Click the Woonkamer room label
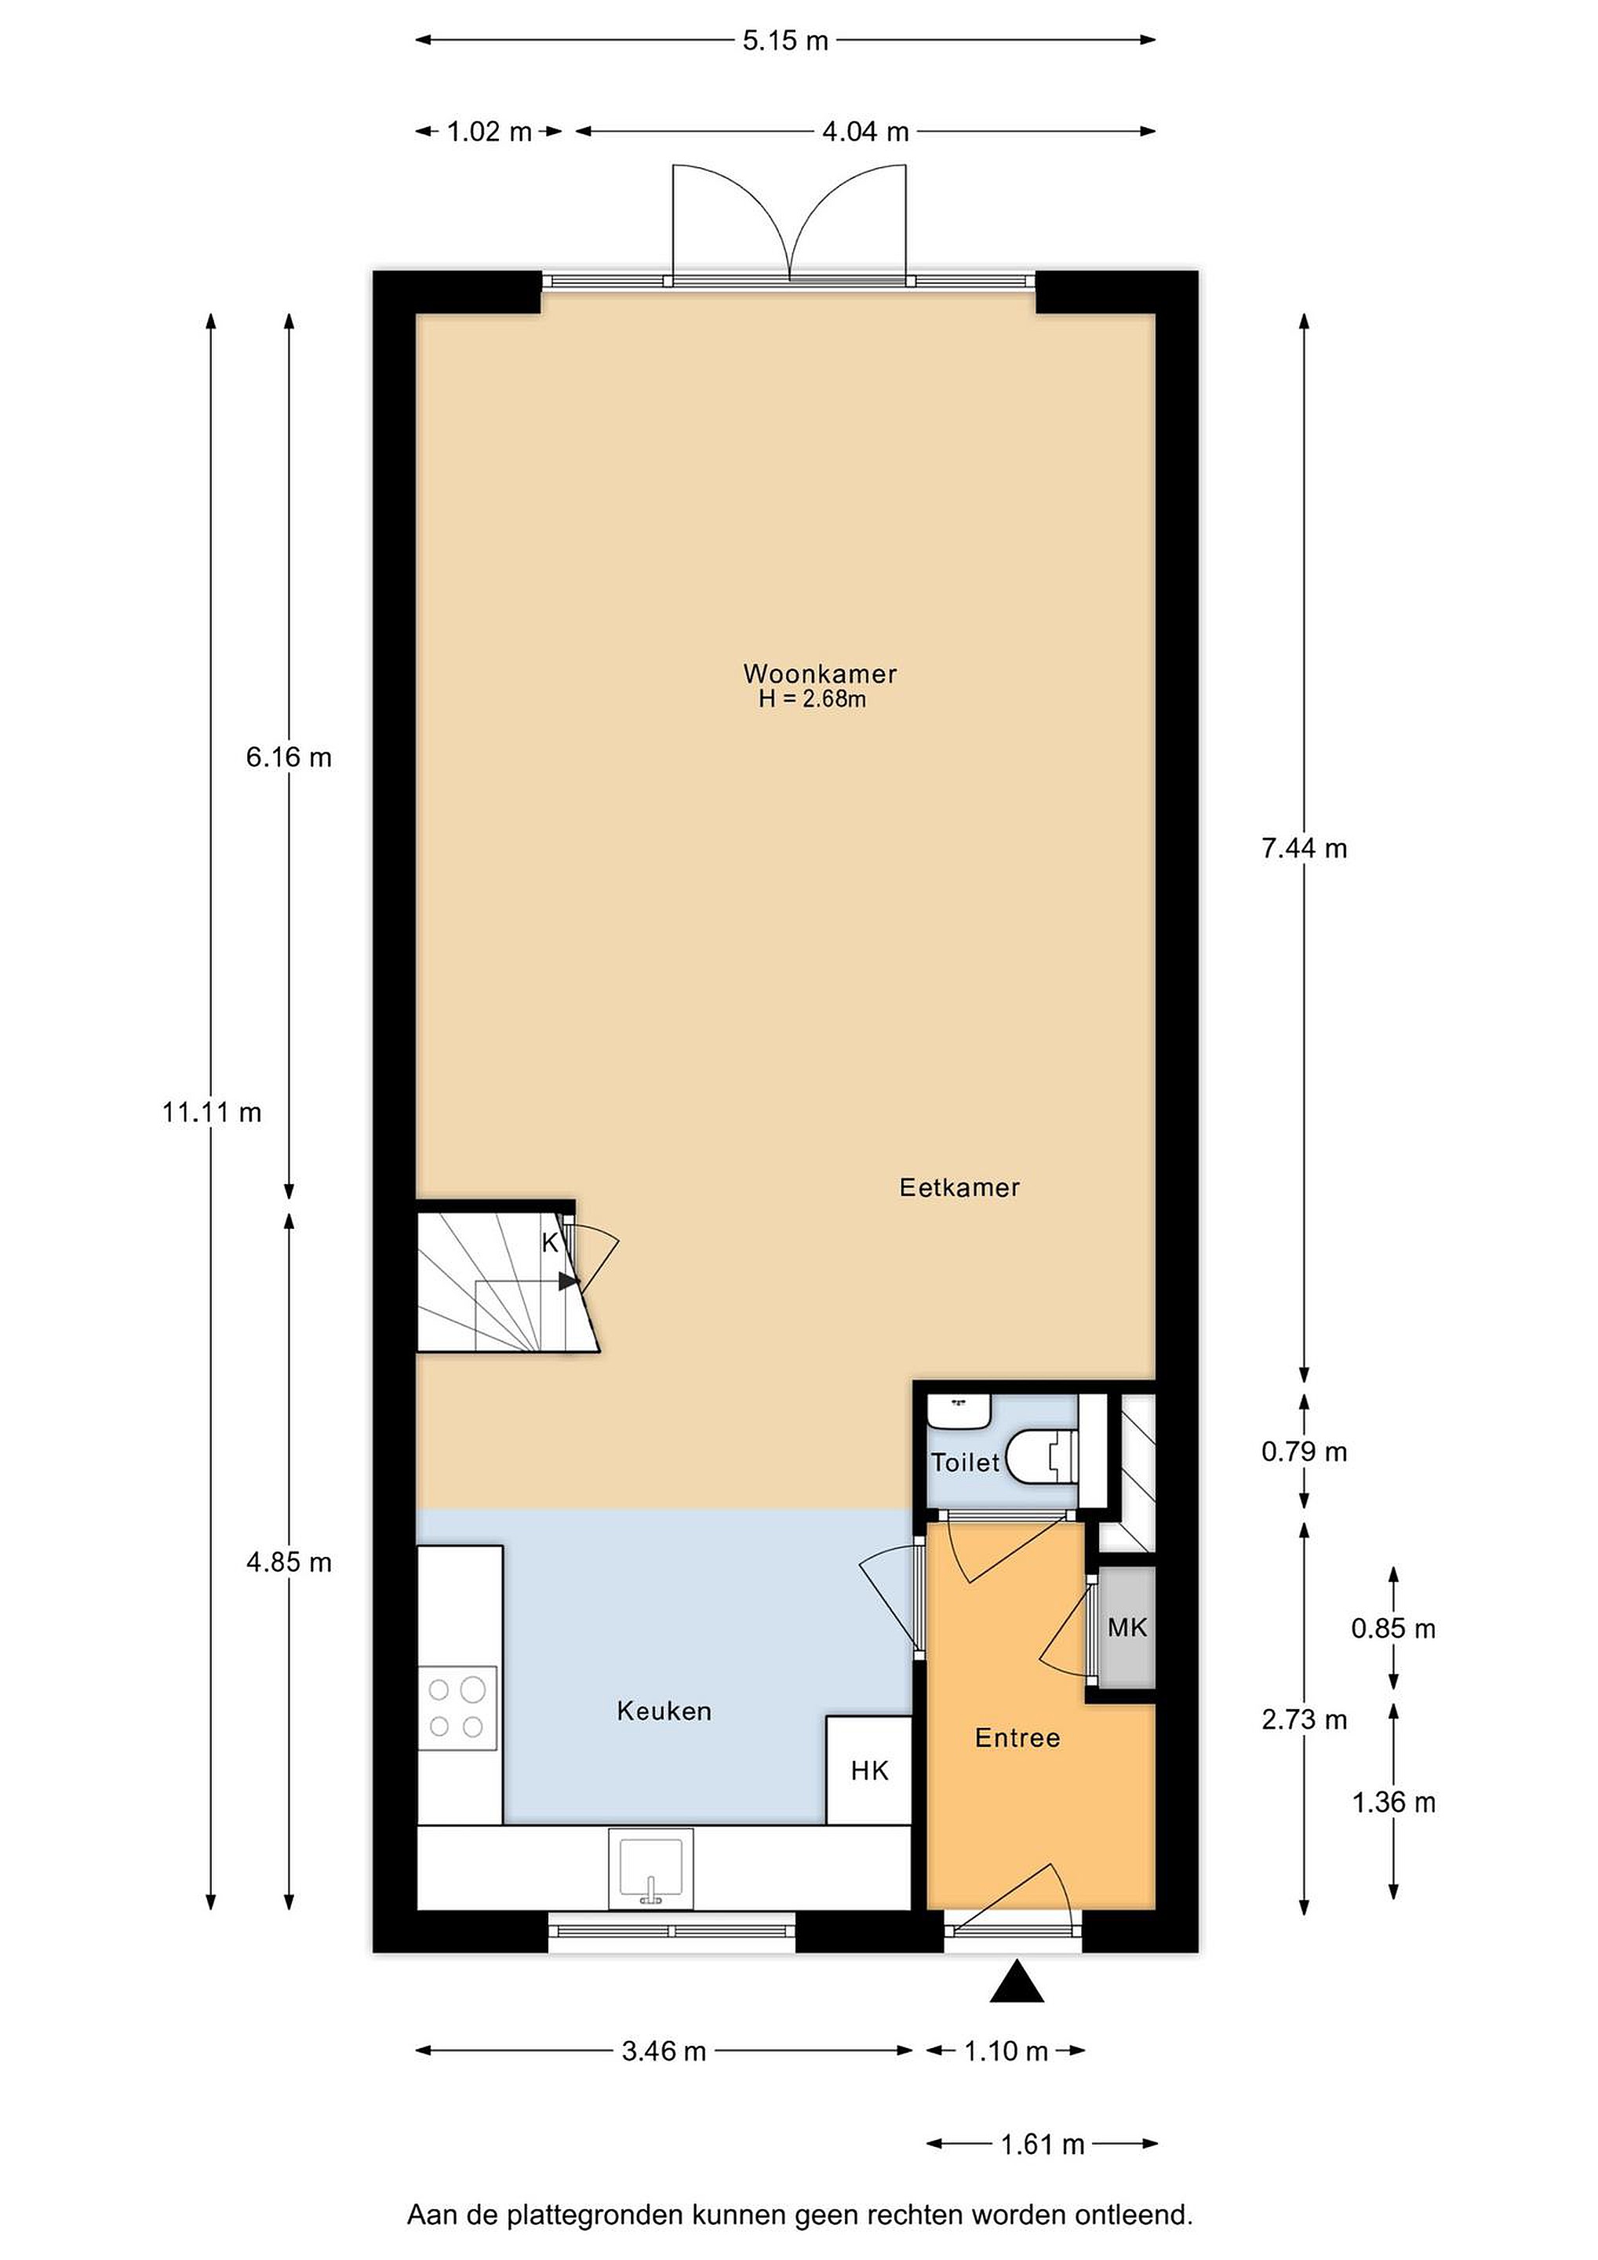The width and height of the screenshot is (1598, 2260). [x=820, y=673]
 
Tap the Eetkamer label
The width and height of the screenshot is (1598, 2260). [x=959, y=1187]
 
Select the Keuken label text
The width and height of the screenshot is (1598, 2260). [x=664, y=1711]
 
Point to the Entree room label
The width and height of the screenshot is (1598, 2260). [x=1017, y=1737]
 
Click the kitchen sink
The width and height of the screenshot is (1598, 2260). [x=650, y=1868]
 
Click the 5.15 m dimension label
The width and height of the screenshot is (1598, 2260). [x=785, y=40]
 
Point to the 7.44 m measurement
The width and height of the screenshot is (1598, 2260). [x=1305, y=848]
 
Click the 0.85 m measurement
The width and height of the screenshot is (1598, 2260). [x=1393, y=1628]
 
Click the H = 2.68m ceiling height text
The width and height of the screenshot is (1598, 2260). [x=812, y=699]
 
